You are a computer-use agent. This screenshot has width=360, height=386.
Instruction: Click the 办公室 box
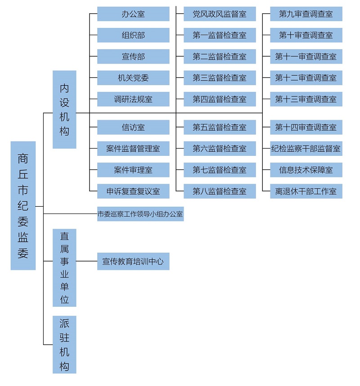[133, 14]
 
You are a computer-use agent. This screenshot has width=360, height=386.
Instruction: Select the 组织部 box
[133, 35]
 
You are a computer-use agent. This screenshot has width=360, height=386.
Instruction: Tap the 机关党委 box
[133, 78]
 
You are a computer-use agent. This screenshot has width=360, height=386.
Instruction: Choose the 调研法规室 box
[133, 99]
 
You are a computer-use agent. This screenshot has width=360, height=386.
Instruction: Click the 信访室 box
[133, 127]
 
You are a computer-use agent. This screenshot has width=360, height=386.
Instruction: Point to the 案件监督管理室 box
[133, 149]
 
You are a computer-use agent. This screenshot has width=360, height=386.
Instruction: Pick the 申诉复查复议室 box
[133, 191]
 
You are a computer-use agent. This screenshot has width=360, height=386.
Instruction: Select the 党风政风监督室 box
[220, 14]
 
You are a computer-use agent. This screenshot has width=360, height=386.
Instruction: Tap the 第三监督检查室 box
[220, 78]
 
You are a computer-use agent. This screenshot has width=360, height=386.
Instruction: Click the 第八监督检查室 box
[220, 191]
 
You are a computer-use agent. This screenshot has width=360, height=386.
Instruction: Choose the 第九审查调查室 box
[306, 14]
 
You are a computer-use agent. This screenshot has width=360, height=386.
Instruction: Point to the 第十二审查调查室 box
[306, 78]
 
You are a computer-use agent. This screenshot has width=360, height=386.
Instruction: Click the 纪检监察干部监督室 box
[306, 149]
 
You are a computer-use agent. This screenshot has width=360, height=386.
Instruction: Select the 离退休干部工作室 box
[306, 191]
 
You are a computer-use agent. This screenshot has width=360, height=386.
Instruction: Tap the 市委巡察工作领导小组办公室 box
[140, 214]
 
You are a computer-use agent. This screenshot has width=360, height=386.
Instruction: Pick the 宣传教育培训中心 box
[133, 261]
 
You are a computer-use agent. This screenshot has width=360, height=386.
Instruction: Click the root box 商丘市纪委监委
[23, 205]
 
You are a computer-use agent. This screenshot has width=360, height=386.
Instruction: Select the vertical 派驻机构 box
[64, 345]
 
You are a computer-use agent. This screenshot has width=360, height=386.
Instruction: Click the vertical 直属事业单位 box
[64, 268]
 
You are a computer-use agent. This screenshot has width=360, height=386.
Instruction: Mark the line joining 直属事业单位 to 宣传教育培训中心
[87, 261]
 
